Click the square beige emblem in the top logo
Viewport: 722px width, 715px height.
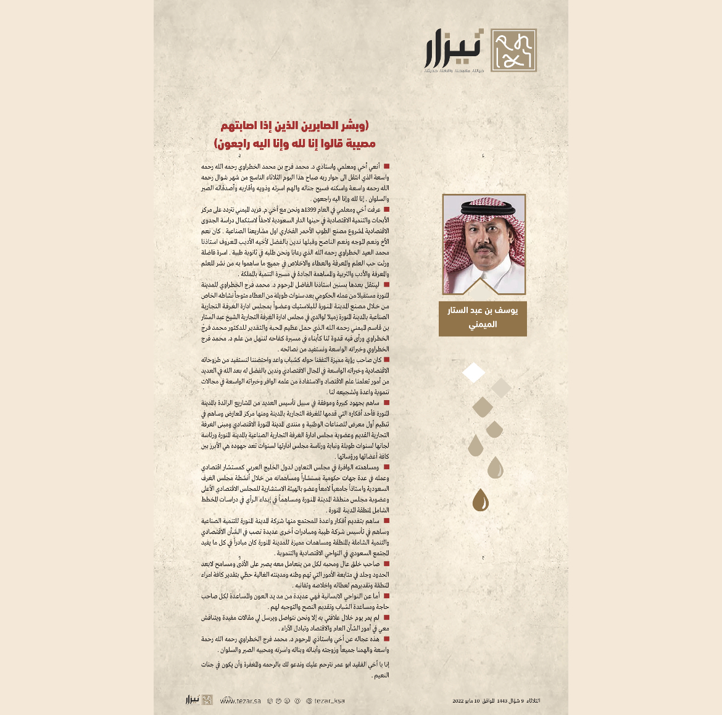(x=513, y=50)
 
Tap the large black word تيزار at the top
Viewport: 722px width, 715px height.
(x=454, y=48)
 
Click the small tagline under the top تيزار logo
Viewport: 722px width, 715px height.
(x=454, y=71)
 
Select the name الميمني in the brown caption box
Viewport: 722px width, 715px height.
(x=483, y=325)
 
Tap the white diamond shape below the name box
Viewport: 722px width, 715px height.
(x=474, y=372)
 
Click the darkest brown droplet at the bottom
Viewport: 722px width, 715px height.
(x=480, y=500)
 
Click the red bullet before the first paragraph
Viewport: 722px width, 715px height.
(x=386, y=167)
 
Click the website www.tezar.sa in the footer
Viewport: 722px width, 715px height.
(x=240, y=701)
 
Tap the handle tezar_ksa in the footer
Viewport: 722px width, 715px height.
(x=329, y=701)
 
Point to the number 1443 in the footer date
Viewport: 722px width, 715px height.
(x=502, y=701)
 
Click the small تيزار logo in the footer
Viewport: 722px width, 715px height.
(x=199, y=700)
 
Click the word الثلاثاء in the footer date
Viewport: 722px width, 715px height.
(x=532, y=701)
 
